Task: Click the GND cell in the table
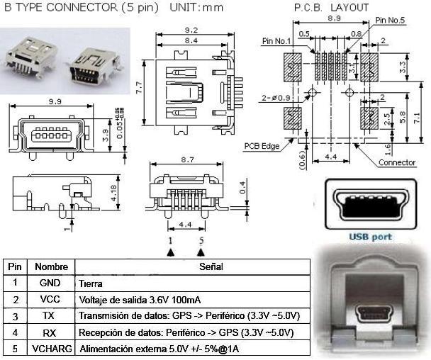point(51,282)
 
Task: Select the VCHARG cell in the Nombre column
point(51,349)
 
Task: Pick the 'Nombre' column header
point(51,267)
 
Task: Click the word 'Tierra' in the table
point(91,283)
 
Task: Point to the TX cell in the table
point(51,315)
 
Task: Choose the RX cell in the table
point(51,332)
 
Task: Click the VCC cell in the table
point(51,298)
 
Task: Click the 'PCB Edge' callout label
point(262,147)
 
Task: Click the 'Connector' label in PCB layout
point(397,163)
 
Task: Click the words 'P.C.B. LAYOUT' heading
point(331,7)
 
